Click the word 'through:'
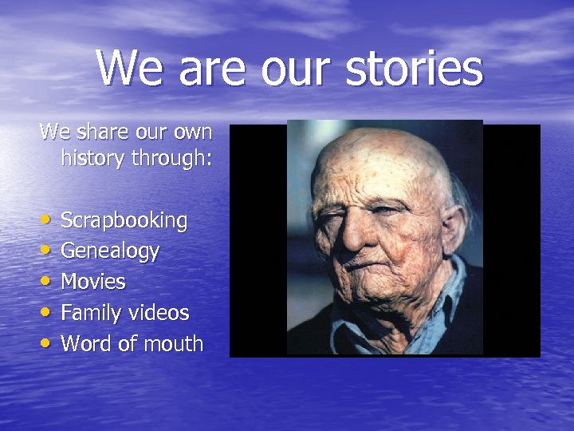pyautogui.click(x=173, y=160)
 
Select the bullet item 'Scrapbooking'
pyautogui.click(x=124, y=221)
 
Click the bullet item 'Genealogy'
pyautogui.click(x=110, y=251)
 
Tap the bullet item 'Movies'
pyautogui.click(x=93, y=282)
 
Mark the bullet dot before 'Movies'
pyautogui.click(x=48, y=281)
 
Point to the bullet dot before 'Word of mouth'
pyautogui.click(x=48, y=343)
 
